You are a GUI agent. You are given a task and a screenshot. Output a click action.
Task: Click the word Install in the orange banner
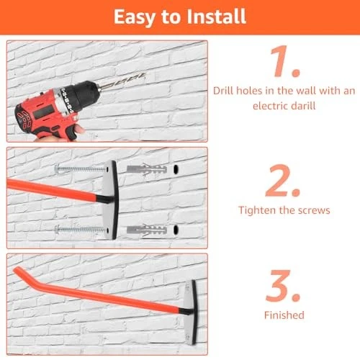216,17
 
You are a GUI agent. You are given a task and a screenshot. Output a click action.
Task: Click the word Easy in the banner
134,17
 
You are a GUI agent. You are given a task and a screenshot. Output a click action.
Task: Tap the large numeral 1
285,61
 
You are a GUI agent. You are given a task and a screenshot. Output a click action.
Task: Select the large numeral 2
283,181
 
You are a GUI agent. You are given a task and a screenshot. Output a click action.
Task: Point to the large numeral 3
283,286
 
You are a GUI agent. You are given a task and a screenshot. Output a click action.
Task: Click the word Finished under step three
284,315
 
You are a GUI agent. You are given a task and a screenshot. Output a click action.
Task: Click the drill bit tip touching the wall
144,76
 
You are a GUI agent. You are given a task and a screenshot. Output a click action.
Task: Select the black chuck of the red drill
82,95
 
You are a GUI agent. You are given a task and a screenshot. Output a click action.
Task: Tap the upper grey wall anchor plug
147,169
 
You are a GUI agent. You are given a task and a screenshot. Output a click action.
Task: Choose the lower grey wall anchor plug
147,230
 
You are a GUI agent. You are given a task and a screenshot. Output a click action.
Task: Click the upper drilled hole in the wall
176,169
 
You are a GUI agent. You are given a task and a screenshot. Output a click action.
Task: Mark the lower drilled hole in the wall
176,230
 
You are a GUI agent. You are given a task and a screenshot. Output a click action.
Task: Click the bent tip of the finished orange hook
17,270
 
